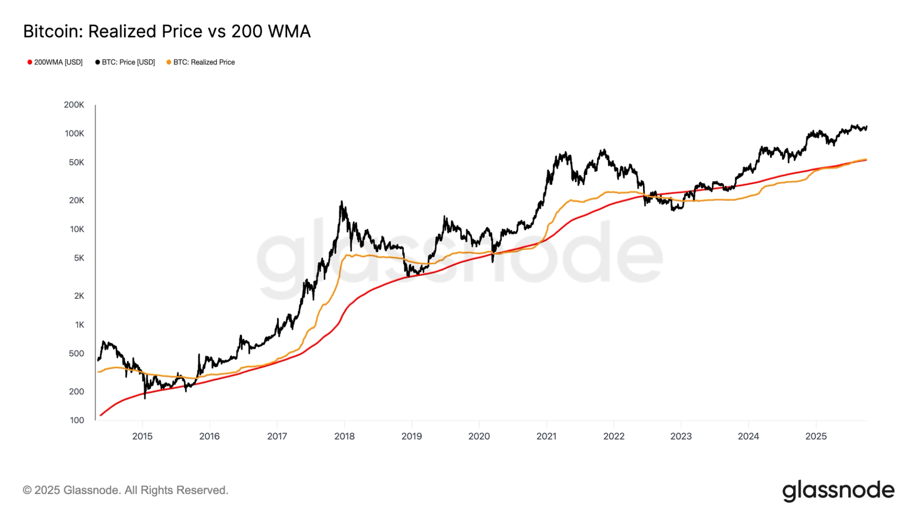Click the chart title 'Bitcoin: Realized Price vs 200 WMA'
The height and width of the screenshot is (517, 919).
coord(167,32)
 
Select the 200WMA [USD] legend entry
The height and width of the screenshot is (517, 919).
coord(55,62)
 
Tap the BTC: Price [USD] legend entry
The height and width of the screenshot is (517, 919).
coord(125,62)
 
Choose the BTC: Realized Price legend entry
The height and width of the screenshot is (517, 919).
coord(201,62)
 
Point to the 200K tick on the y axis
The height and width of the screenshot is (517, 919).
coord(74,105)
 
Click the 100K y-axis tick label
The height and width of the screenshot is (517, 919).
coord(74,134)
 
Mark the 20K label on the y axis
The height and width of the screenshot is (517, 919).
coord(77,200)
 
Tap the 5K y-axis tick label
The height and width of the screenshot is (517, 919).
coord(79,258)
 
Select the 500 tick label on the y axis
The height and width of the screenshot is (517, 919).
coord(77,354)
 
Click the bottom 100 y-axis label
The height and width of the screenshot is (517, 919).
coord(77,420)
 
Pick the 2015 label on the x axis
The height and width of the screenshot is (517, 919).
coord(142,436)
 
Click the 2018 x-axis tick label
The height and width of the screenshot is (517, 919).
coord(344,436)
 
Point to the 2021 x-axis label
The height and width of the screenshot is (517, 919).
coord(546,436)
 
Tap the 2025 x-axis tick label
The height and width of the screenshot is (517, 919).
coord(816,436)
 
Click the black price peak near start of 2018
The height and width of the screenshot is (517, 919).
coord(342,202)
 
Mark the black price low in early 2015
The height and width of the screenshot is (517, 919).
coord(145,398)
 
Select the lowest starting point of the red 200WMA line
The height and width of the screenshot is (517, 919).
coord(101,415)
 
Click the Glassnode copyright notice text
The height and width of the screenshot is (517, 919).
coord(125,490)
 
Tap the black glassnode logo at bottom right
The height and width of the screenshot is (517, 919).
coord(838,491)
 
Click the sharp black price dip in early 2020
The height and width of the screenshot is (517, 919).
coord(493,261)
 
